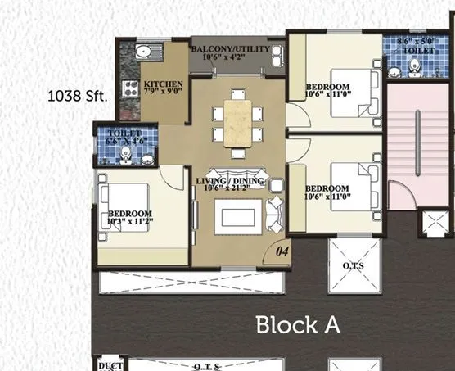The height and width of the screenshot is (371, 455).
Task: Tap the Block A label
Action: [297, 324]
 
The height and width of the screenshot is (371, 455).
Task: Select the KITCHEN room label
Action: [163, 84]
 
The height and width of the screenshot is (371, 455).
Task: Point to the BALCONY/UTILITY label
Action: [230, 49]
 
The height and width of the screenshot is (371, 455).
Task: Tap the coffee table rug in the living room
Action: [237, 216]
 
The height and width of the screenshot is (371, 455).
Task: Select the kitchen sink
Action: [142, 52]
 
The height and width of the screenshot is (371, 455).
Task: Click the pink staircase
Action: [417, 139]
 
